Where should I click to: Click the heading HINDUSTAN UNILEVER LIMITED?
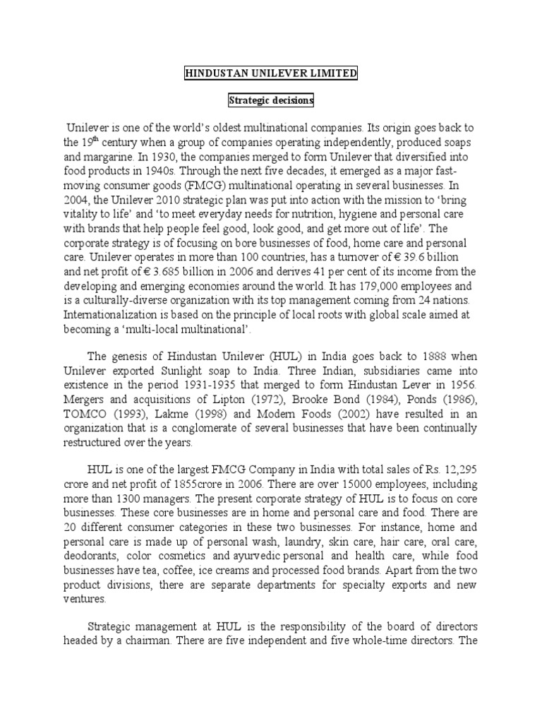(271, 74)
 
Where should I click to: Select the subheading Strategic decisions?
(271, 101)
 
